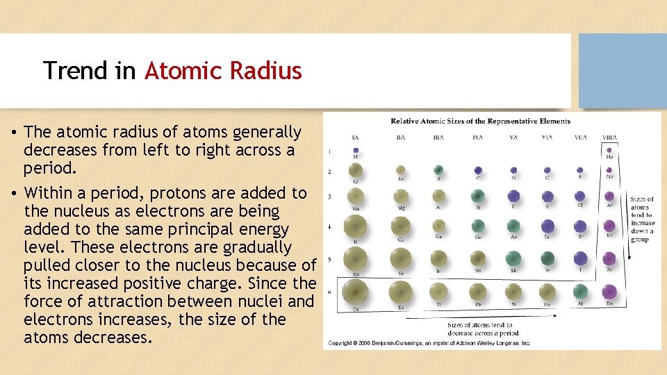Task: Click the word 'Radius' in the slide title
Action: point(269,71)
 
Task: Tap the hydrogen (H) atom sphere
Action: point(356,149)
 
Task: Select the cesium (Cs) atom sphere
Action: point(355,292)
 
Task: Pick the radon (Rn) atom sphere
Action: point(609,292)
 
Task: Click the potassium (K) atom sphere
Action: point(355,226)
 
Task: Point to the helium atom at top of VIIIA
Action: point(609,149)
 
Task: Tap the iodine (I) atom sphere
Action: point(580,259)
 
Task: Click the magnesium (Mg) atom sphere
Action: point(400,197)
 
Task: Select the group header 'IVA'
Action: point(477,137)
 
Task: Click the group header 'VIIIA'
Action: point(609,137)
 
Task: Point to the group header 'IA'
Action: point(356,137)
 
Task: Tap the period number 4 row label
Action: point(330,226)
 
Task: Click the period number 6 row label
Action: point(330,292)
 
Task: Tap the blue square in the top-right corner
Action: point(623,71)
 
